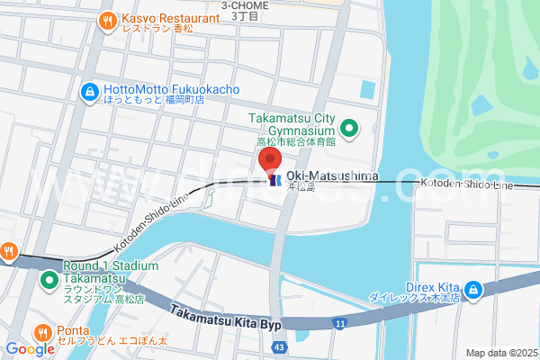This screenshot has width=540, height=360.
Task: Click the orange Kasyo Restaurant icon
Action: point(108,19)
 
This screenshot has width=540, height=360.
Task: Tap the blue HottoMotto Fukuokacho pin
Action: point(91,91)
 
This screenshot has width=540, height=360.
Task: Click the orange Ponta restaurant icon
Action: point(41,330)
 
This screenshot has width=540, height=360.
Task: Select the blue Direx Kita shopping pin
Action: point(473,290)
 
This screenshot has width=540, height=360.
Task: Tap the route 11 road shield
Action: point(339,322)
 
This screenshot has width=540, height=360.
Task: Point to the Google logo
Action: point(30,348)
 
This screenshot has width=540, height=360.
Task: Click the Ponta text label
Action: point(72,330)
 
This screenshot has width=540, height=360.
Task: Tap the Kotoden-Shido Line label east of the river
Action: point(465,184)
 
